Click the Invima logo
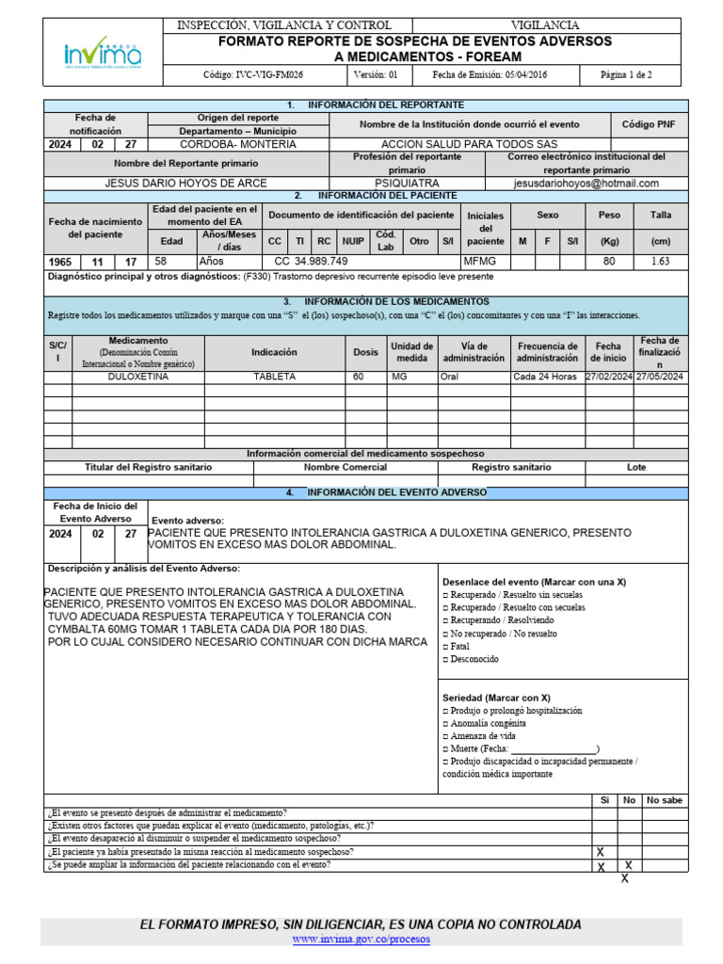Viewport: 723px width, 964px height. click(103, 53)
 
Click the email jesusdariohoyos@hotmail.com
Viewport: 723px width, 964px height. click(586, 184)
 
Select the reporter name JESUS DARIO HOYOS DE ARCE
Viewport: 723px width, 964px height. click(185, 184)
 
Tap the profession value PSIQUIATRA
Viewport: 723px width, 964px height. click(407, 184)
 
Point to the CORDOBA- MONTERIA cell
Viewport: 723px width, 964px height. click(237, 145)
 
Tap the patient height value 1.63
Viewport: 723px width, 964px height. click(660, 262)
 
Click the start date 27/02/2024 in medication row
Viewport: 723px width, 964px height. click(608, 377)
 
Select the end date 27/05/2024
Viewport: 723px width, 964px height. click(660, 377)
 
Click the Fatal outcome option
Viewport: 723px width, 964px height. click(459, 648)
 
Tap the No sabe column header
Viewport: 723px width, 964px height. click(664, 800)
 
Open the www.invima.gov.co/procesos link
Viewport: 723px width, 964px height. click(361, 940)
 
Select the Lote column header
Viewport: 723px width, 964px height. click(636, 467)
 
